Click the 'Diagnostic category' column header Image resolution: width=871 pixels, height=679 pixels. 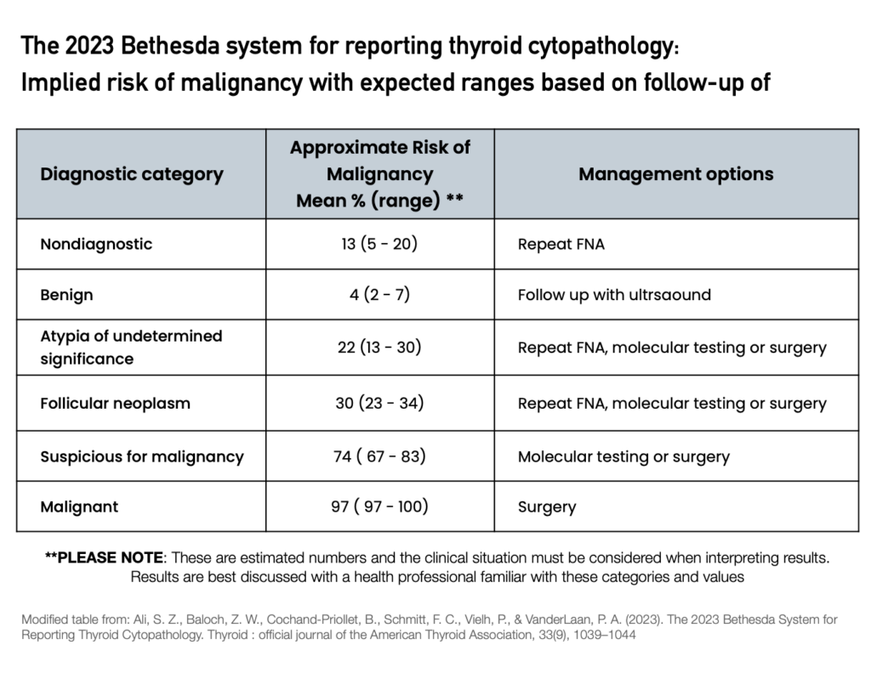pos(131,175)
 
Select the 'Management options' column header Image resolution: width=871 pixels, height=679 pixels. pos(675,174)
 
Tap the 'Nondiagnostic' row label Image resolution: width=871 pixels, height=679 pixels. pos(96,244)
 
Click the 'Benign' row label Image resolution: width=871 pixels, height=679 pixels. pos(66,296)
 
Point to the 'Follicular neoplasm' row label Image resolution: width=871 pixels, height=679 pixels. pos(115,403)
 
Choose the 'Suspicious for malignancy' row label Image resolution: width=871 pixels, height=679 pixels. pos(141,456)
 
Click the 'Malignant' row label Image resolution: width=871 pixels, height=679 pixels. pos(79,507)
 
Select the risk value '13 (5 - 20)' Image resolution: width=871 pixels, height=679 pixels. pos(379,244)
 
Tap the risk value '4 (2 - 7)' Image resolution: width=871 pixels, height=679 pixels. pos(379,296)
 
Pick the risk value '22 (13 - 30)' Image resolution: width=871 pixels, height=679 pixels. pos(379,348)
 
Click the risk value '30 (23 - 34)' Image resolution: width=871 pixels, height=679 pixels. pos(379,403)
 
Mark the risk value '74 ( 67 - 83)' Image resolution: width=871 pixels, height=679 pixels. pos(379,456)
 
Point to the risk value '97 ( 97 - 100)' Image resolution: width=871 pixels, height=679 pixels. pos(379,507)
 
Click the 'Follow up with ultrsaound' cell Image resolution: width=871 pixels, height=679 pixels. pos(614,296)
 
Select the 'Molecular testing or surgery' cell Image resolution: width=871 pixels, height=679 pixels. pos(623,456)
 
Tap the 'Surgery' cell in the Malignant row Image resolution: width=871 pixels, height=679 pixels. pos(547,507)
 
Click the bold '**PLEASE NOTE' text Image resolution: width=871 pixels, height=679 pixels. pos(103,558)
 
